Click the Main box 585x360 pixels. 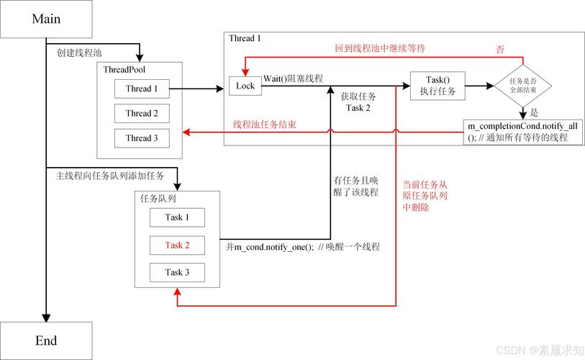coord(46,19)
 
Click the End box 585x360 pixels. coord(46,341)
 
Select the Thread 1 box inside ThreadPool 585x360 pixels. coord(142,89)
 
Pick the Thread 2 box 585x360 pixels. coord(142,114)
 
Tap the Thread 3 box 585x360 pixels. coord(142,138)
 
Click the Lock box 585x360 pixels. coord(245,86)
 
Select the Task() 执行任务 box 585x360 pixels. coord(437,86)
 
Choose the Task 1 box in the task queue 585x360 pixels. coord(177,217)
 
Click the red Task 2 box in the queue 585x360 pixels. coord(177,246)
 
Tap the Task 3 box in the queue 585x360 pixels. coord(177,272)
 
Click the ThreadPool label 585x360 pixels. coord(126,70)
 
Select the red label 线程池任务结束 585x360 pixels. coord(265,125)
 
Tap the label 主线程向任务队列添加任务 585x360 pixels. coord(109,175)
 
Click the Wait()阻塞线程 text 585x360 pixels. coord(293,78)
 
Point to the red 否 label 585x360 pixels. coord(500,49)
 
